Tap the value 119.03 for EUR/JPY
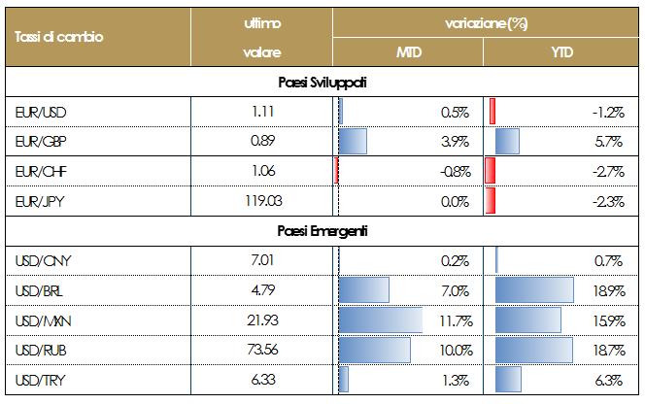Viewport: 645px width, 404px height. click(263, 201)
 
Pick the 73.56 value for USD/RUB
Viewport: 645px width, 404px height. click(263, 349)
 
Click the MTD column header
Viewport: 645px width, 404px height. click(408, 51)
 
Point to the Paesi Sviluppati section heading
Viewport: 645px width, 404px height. click(321, 83)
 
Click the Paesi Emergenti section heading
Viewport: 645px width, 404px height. click(321, 231)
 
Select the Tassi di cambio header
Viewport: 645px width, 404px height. click(59, 36)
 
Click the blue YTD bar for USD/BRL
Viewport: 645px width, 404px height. click(533, 289)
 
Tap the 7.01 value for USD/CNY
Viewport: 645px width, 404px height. click(263, 260)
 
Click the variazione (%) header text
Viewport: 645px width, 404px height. click(486, 21)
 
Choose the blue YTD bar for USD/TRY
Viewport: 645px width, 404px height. click(508, 379)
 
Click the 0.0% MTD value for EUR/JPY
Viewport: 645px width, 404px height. click(455, 201)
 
